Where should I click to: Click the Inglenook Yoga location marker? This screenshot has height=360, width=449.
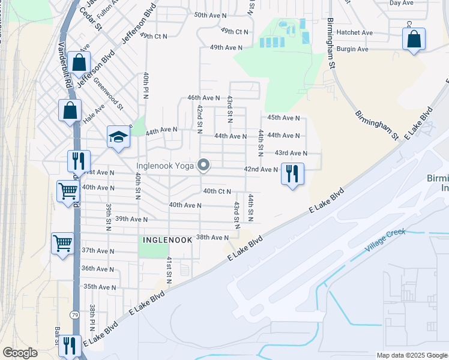tap(203, 164)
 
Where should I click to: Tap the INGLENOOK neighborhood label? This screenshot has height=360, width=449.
tap(167, 239)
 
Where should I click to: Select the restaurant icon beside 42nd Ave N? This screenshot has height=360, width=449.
tap(292, 174)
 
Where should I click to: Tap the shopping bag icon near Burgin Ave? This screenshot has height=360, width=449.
tap(414, 40)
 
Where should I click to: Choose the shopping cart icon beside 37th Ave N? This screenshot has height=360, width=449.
tap(62, 244)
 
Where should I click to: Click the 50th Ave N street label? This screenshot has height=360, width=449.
tap(210, 14)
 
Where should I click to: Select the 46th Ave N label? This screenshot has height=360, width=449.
tap(203, 97)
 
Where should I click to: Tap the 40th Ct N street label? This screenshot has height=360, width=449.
tap(217, 191)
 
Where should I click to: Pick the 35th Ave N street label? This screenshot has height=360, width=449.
tap(100, 287)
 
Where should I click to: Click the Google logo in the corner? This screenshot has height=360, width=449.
tap(20, 353)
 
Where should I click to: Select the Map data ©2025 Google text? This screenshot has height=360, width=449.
tap(411, 355)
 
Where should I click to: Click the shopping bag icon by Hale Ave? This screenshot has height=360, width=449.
tap(70, 110)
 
